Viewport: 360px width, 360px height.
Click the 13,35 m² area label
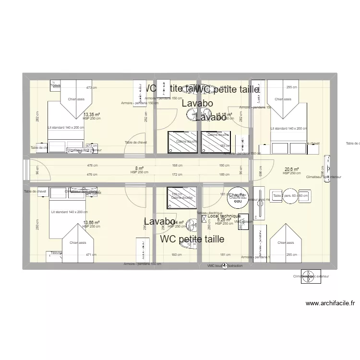coord(91,115)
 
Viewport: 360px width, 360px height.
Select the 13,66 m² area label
coord(91,222)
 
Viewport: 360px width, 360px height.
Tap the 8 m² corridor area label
coord(139,168)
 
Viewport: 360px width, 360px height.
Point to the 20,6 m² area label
coord(291,169)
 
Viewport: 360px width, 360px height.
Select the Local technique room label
coord(224,216)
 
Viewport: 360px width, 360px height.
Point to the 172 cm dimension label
coord(178,174)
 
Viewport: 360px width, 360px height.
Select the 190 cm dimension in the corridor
coord(224,166)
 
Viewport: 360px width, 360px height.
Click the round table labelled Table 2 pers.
coord(290,196)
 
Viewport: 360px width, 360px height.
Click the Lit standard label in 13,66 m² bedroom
coord(70,212)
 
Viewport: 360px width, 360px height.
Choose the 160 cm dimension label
coord(177,255)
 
